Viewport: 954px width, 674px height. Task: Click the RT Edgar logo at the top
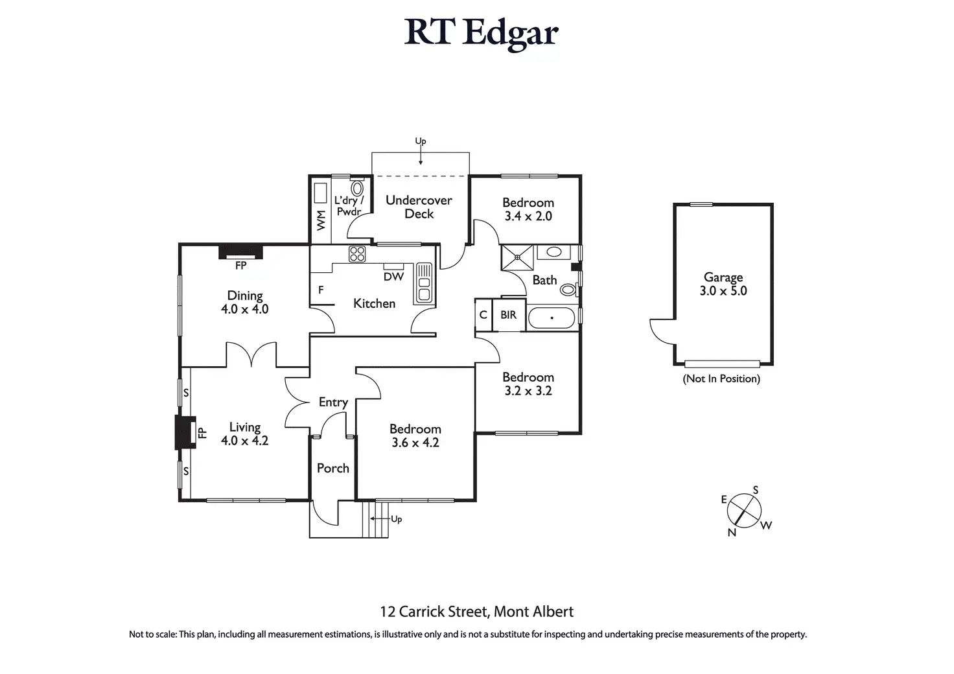click(x=481, y=32)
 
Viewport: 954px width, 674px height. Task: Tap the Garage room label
click(x=723, y=277)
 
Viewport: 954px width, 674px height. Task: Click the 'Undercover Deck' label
click(x=419, y=207)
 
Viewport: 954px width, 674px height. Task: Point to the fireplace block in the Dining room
click(x=240, y=251)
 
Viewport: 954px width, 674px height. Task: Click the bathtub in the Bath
click(x=551, y=318)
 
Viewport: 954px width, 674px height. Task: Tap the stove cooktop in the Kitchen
click(x=357, y=253)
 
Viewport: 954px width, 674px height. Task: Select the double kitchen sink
click(x=424, y=283)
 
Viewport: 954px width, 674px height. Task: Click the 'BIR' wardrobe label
click(x=509, y=315)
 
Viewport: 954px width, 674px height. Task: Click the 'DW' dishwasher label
click(x=393, y=277)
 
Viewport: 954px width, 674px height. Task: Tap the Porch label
click(x=332, y=468)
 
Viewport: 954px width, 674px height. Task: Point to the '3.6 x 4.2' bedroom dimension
click(x=415, y=443)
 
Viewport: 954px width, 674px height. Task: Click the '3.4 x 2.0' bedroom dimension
click(x=528, y=216)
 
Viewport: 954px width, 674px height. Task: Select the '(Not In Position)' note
click(x=721, y=378)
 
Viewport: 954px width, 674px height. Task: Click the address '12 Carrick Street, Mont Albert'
click(x=476, y=611)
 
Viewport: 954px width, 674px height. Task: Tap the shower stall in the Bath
click(x=517, y=257)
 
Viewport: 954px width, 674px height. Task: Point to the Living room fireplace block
click(x=185, y=433)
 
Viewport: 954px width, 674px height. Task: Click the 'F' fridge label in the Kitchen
click(x=321, y=290)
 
